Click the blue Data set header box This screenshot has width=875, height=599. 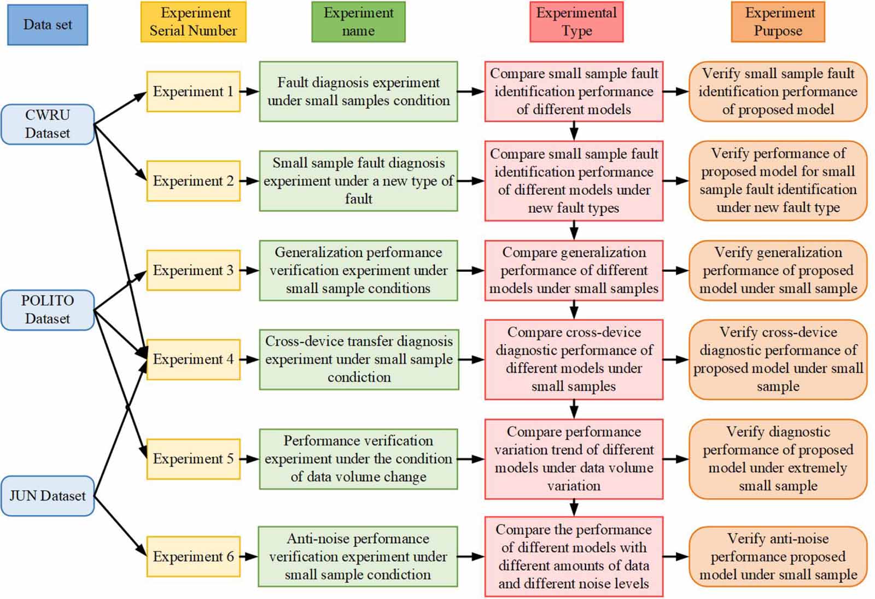point(48,25)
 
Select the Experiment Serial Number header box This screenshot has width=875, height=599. point(193,22)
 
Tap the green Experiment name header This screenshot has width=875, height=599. point(358,22)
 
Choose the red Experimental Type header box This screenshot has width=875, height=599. point(576,22)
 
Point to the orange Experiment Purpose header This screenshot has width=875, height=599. point(778,22)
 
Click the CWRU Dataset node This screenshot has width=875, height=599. point(48,124)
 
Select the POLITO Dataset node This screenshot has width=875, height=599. point(48,310)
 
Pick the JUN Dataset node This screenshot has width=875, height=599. point(48,496)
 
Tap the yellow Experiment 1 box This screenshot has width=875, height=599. point(193,91)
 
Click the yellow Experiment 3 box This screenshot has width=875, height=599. point(193,270)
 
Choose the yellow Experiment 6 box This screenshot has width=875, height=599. point(193,556)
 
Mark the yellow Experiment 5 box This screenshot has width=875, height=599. point(193,458)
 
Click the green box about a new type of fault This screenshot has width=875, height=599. point(358,181)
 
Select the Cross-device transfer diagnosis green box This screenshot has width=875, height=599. point(359,359)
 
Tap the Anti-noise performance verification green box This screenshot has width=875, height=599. point(358,556)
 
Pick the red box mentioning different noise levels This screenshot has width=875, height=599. point(574,556)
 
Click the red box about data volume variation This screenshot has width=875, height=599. point(574,458)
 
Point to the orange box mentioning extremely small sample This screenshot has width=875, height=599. point(778,458)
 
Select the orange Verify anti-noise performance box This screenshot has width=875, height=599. point(778,556)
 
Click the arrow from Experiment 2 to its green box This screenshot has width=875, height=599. point(249,181)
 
